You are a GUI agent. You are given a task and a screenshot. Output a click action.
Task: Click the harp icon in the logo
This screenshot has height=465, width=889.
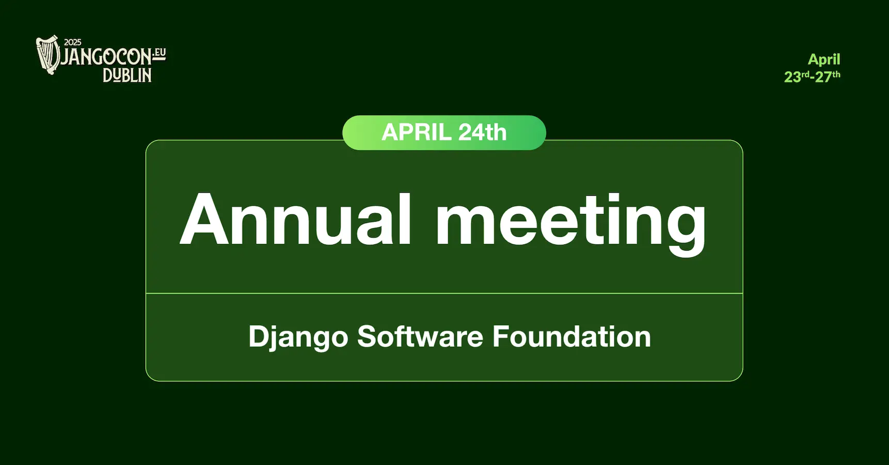(x=48, y=55)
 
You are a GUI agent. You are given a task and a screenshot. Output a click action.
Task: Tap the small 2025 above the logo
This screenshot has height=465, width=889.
(x=73, y=42)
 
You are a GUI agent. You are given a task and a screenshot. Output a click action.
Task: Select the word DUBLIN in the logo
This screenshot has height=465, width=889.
(x=127, y=75)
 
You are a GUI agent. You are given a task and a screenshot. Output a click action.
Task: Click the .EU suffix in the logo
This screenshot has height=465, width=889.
(x=160, y=53)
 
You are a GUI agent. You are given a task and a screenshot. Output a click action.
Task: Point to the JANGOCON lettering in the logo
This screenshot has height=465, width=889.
(x=106, y=57)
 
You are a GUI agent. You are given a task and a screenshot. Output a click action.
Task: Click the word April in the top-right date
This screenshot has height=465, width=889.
(x=824, y=59)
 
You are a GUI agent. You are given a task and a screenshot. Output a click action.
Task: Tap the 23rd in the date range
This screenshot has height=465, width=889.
(x=796, y=77)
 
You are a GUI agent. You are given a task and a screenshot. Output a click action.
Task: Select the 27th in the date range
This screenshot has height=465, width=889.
(x=827, y=77)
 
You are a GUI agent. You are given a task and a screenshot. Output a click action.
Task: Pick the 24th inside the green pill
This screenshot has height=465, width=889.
(x=482, y=133)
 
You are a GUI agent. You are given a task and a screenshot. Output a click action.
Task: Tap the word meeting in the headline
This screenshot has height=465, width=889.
(x=571, y=222)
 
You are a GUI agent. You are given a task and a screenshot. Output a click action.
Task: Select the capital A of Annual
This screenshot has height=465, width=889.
(x=204, y=219)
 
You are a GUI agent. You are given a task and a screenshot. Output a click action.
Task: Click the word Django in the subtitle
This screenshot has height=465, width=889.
(x=298, y=337)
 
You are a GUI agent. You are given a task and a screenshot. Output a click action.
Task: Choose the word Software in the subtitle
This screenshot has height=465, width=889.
(x=420, y=336)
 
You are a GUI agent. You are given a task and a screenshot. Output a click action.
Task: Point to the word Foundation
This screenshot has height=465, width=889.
(x=571, y=336)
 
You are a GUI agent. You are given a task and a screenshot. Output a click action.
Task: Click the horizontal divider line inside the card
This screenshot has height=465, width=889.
(x=444, y=293)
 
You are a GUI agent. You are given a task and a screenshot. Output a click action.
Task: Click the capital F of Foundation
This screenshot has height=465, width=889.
(x=502, y=336)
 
